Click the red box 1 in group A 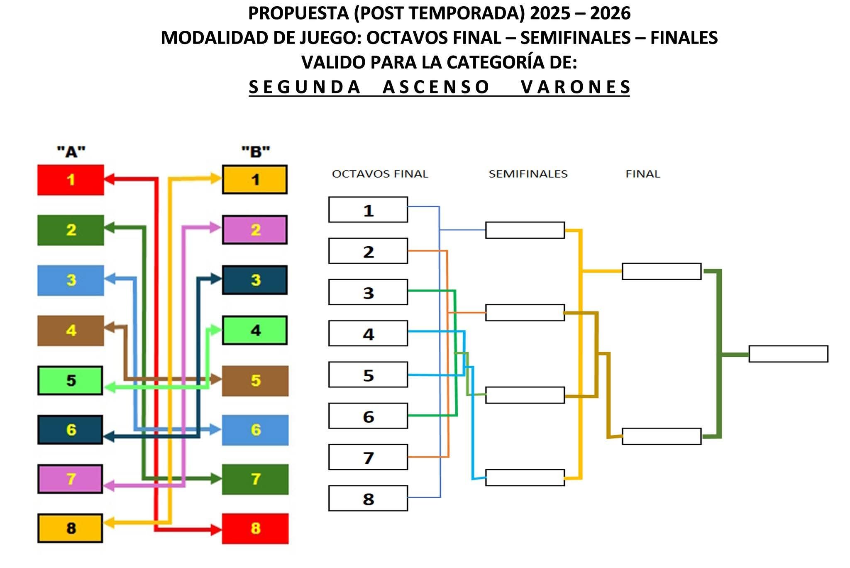coord(71,180)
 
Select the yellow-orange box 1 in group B coord(254,180)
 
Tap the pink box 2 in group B coord(254,230)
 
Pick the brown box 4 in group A coord(71,331)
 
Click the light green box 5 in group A coord(70,380)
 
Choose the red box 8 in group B coord(255,529)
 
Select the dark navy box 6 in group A coord(70,430)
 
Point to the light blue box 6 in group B coord(255,430)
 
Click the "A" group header coord(71,152)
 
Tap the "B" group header coord(255,152)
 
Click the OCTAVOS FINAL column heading coord(380,174)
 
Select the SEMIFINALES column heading coord(528,174)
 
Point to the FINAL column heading coord(642,174)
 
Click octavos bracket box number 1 coord(368,210)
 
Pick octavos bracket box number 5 coord(368,375)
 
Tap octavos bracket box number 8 coord(368,498)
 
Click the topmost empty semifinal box coord(525,230)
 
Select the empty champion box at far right coord(788,354)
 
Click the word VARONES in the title coord(576,87)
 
